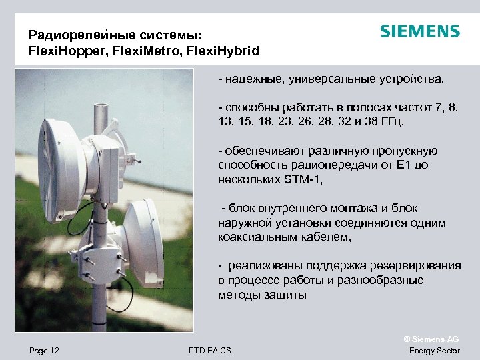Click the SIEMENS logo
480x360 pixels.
coord(419,31)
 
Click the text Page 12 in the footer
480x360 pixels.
coord(44,351)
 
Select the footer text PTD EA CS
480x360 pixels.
coord(210,351)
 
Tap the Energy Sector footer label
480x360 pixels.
coord(434,351)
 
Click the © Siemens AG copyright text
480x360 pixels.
coord(433,339)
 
